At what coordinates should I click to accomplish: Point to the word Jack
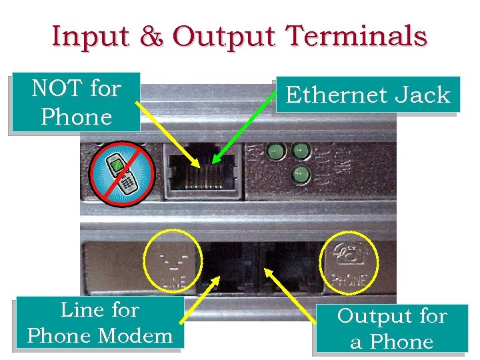(x=423, y=95)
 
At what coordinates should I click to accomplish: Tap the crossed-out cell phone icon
(x=122, y=172)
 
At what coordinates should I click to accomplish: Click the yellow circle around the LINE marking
(x=172, y=261)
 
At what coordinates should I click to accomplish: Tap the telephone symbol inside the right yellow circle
(x=349, y=253)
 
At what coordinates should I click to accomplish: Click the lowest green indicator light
(x=300, y=175)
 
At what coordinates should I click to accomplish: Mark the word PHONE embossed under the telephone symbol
(x=349, y=277)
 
